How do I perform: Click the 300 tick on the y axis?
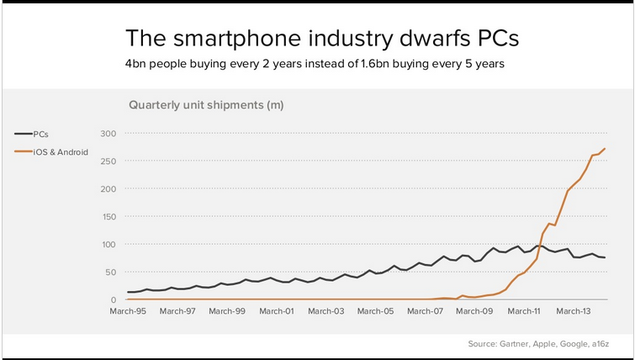(x=108, y=133)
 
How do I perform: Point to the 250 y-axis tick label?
(x=108, y=161)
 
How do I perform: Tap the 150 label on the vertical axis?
(x=108, y=216)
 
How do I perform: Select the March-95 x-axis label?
(x=128, y=311)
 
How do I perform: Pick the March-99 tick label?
(x=227, y=311)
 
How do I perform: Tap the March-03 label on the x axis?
(x=326, y=311)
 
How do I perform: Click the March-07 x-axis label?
(x=425, y=311)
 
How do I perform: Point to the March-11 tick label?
(x=524, y=311)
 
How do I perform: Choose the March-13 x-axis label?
(x=574, y=311)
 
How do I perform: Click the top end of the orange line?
(x=605, y=149)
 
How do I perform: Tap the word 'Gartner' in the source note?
(x=520, y=344)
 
